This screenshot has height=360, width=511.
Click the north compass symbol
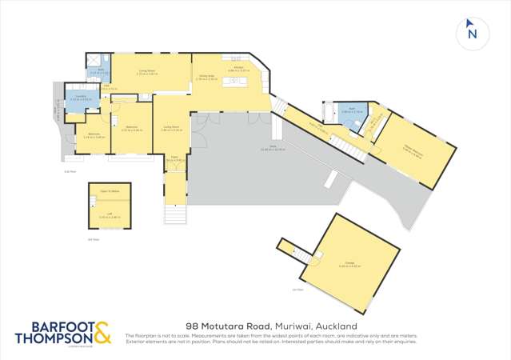[x=472, y=33]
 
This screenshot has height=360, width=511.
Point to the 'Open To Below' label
[x=110, y=192]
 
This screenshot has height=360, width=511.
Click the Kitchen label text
[x=238, y=70]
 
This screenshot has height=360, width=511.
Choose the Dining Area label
[x=207, y=78]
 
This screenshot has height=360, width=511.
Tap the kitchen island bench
[x=236, y=82]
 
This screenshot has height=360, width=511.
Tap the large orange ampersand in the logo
[x=103, y=331]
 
